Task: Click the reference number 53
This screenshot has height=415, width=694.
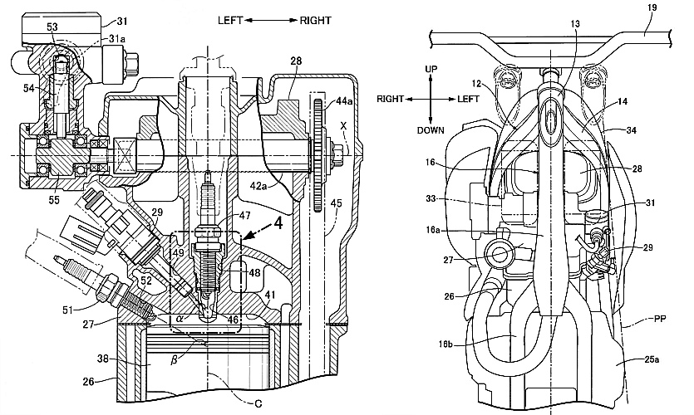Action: pyautogui.click(x=52, y=27)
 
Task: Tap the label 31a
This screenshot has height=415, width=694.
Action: pyautogui.click(x=117, y=39)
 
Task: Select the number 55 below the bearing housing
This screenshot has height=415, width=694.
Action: pyautogui.click(x=53, y=200)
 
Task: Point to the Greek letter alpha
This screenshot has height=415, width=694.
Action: pyautogui.click(x=180, y=317)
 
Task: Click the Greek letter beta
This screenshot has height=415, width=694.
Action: pyautogui.click(x=175, y=359)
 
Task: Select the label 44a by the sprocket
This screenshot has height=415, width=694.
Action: pyautogui.click(x=344, y=101)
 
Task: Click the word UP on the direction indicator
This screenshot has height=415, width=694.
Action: pyautogui.click(x=431, y=69)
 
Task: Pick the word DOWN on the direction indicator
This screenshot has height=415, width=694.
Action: pyautogui.click(x=431, y=130)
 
